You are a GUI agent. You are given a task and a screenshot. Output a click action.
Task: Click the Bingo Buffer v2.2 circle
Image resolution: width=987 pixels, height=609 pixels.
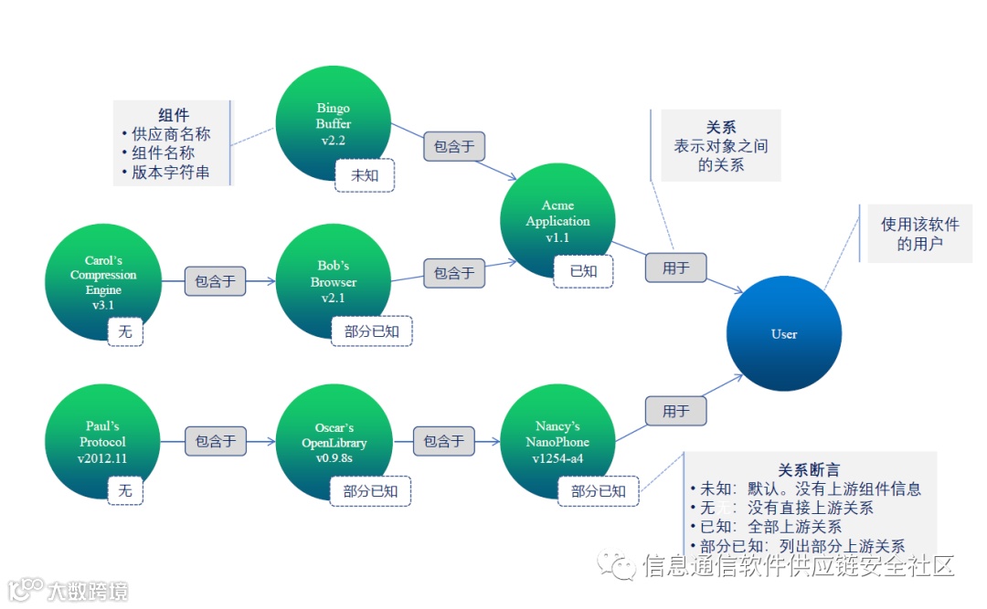334,123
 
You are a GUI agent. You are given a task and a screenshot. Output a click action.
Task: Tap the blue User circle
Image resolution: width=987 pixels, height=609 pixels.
784,334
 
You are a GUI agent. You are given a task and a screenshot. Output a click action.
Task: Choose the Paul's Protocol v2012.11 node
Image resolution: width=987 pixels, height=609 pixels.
103,442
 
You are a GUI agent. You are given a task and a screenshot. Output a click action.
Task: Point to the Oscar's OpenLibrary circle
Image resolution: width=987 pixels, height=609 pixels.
334,442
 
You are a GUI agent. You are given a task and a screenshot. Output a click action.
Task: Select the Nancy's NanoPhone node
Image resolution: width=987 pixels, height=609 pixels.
558,442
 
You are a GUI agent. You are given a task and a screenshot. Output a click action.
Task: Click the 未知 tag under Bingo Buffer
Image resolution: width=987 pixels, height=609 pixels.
365,175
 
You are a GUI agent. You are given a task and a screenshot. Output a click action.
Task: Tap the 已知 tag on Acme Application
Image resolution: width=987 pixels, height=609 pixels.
583,271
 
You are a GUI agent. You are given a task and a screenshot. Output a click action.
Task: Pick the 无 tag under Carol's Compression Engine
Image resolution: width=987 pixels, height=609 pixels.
125,331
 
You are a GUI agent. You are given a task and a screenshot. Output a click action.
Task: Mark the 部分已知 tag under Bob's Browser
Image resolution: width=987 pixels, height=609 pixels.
372,331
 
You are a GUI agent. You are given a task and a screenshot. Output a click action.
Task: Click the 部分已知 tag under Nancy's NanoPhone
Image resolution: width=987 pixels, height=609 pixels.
599,491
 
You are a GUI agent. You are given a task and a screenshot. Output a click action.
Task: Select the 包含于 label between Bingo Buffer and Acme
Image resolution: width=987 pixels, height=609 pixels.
453,146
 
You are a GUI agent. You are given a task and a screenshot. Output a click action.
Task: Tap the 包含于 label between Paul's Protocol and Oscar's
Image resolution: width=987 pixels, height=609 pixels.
216,441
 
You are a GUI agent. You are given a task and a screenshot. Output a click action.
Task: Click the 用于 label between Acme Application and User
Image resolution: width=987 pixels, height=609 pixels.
675,268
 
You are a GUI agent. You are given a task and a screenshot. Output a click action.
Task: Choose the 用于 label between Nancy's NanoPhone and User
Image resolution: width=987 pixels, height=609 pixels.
675,411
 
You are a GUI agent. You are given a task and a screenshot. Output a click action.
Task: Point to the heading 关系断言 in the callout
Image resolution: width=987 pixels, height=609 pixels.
809,470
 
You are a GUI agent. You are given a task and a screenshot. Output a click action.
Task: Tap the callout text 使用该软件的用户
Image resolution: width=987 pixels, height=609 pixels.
919,234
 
